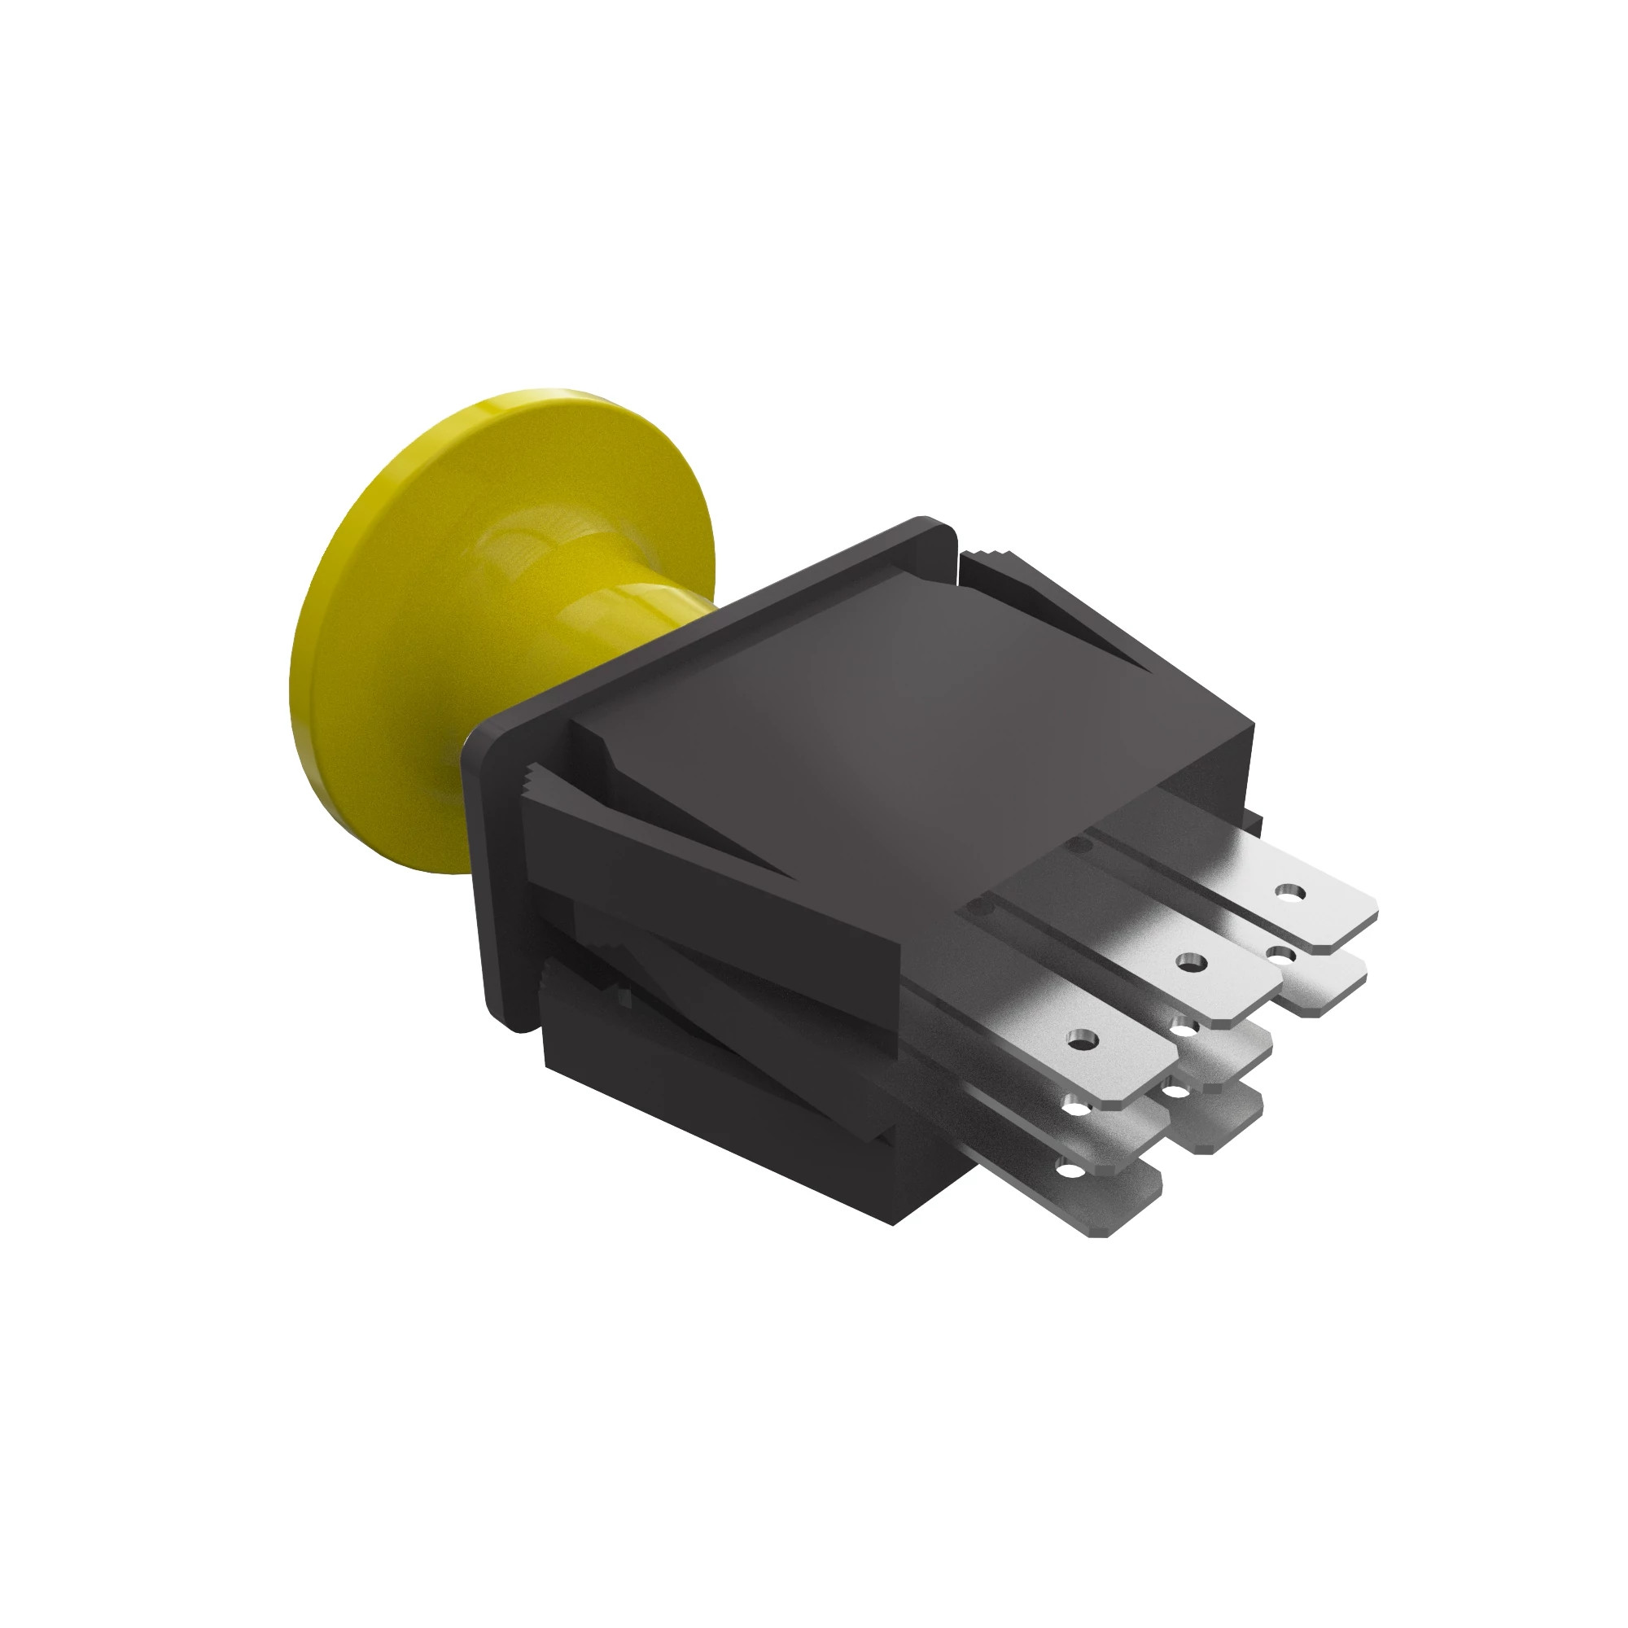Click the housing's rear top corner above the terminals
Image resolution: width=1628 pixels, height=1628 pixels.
coord(1251,729)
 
